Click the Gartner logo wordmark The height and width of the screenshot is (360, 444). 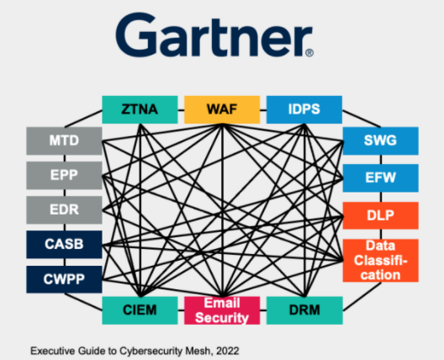coord(214,34)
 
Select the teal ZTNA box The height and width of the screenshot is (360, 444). coord(140,109)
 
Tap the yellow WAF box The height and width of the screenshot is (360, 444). coord(222,109)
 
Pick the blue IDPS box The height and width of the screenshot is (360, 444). coord(304,109)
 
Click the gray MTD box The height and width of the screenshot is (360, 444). coord(64,140)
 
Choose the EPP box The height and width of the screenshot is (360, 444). coord(64,175)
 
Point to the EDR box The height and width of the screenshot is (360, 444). coord(64,210)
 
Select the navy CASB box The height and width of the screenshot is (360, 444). coord(64,245)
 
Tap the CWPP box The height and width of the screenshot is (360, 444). coord(64,279)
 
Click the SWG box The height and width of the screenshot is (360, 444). coord(381,140)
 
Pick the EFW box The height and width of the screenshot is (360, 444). coord(381,178)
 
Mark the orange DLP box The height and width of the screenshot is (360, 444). coord(381,215)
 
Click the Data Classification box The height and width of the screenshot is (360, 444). coord(381,261)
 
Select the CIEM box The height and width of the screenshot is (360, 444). coord(140,310)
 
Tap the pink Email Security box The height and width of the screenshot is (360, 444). coord(222,310)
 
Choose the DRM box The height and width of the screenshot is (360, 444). coord(304,310)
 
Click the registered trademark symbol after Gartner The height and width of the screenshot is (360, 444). coord(309,53)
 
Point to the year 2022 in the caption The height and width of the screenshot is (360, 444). coord(227,351)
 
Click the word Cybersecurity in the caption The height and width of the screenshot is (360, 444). coord(151,352)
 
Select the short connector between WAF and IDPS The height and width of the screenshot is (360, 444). coord(263,110)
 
